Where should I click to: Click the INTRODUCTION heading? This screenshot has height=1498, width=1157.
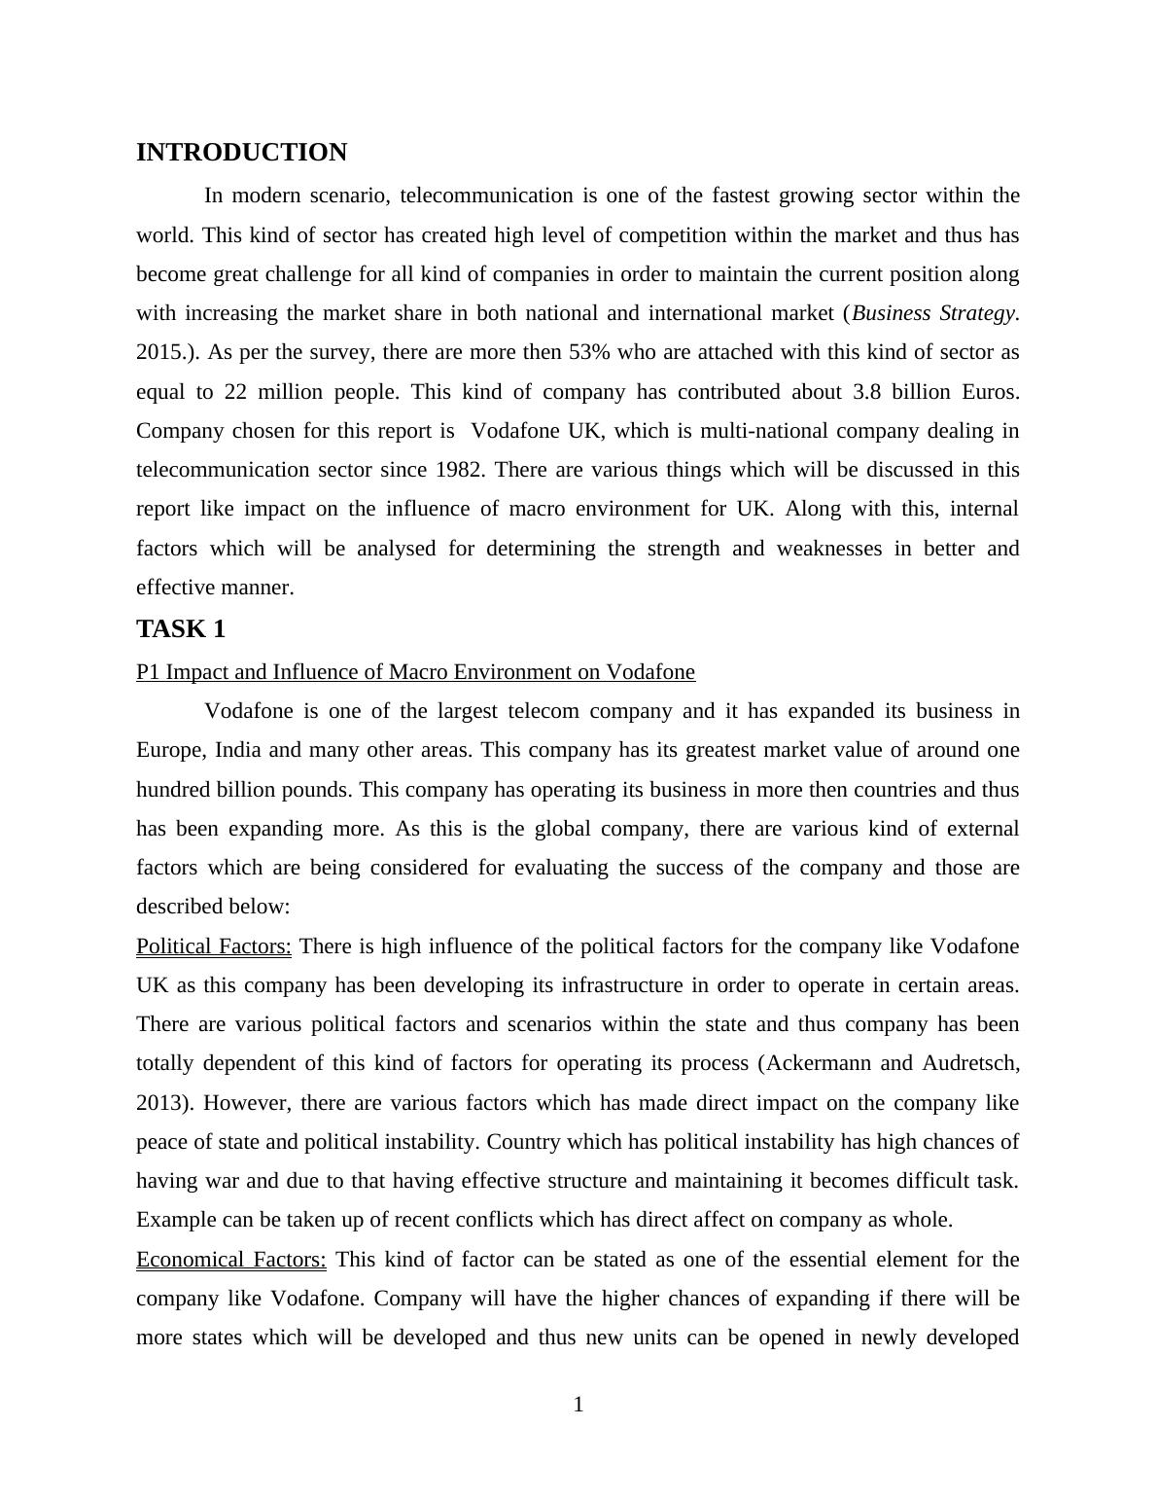point(241,153)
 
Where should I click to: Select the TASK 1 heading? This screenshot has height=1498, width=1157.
point(181,629)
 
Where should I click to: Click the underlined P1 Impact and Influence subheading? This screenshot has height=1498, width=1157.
point(415,672)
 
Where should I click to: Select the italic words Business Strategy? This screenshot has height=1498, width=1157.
point(934,313)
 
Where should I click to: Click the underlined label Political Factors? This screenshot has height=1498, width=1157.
point(214,946)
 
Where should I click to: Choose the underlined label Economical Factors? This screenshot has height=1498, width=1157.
point(231,1260)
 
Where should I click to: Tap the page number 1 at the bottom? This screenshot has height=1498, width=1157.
point(578,1405)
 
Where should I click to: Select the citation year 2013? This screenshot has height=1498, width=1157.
point(158,1103)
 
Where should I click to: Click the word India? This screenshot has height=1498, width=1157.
point(237,750)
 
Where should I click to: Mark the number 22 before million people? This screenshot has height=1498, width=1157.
point(235,392)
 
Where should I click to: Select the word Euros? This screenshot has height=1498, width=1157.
point(989,392)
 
